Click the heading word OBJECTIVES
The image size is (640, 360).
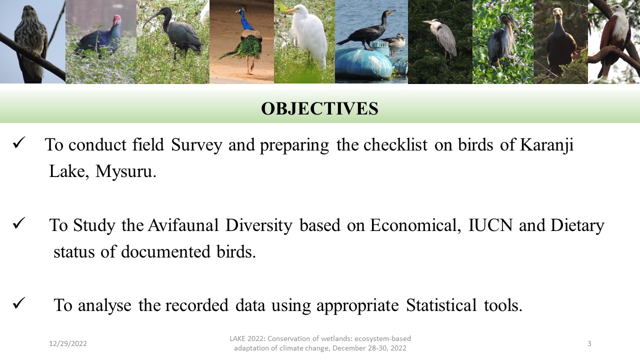click(x=319, y=108)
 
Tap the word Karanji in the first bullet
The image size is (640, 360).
click(x=546, y=145)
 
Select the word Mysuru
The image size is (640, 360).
click(x=125, y=171)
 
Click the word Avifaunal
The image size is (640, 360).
click(x=183, y=225)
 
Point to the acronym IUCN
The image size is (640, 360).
click(x=490, y=225)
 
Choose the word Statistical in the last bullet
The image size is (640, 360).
click(x=441, y=305)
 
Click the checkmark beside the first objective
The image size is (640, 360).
click(x=19, y=142)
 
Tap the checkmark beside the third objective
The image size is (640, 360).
click(x=19, y=303)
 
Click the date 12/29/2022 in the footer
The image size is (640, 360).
click(x=68, y=343)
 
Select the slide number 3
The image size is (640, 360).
click(x=589, y=343)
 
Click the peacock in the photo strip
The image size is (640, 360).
click(x=245, y=40)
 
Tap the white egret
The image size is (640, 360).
click(x=308, y=35)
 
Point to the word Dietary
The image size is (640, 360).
click(x=577, y=225)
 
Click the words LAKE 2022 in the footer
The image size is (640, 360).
click(x=247, y=338)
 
